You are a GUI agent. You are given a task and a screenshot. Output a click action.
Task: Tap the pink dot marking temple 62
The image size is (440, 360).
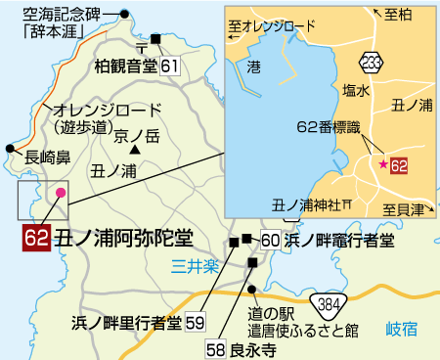(62, 193)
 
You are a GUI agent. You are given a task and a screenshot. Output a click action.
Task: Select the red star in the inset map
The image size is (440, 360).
(382, 164)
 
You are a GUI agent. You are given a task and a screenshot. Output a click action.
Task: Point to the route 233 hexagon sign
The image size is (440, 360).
(371, 61)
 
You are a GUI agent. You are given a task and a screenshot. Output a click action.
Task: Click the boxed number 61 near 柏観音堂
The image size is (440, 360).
(170, 66)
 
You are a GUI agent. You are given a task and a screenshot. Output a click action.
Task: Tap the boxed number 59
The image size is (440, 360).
(195, 321)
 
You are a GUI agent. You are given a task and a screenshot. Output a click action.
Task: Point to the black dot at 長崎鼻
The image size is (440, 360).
(10, 148)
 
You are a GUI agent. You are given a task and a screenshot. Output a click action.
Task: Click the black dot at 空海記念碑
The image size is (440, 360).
(125, 14)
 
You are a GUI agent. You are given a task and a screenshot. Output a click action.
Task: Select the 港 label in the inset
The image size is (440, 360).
(254, 67)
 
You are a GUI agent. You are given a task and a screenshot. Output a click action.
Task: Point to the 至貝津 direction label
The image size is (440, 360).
(402, 209)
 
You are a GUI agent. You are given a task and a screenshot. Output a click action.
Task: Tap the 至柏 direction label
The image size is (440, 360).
(398, 15)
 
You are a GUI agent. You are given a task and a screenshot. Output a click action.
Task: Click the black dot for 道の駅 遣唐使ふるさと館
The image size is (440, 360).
(251, 288)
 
